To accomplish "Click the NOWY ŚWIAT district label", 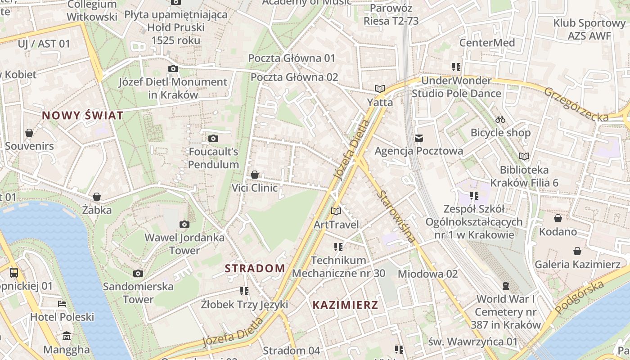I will point(82,116).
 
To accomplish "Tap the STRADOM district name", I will point(255,269).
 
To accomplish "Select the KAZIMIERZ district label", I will point(345,305).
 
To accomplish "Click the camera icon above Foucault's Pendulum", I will point(213,138).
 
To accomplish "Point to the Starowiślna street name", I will point(396,216).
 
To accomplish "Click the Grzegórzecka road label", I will point(576,104).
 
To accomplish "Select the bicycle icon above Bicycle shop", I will point(500,119).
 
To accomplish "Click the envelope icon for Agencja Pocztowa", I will point(419,138).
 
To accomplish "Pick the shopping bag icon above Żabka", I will point(96,197).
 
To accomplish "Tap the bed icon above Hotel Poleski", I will point(62,304).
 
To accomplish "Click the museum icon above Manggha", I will point(67,336).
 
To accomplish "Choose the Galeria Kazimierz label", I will point(577,264).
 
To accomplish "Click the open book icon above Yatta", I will point(380,89).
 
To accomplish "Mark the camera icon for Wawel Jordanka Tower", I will point(184,224).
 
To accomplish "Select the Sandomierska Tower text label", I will point(138,292).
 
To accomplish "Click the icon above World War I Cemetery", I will point(506,286).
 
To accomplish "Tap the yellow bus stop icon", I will point(14,272).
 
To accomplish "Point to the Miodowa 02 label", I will point(427,274).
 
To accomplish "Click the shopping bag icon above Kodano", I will point(558,218).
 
